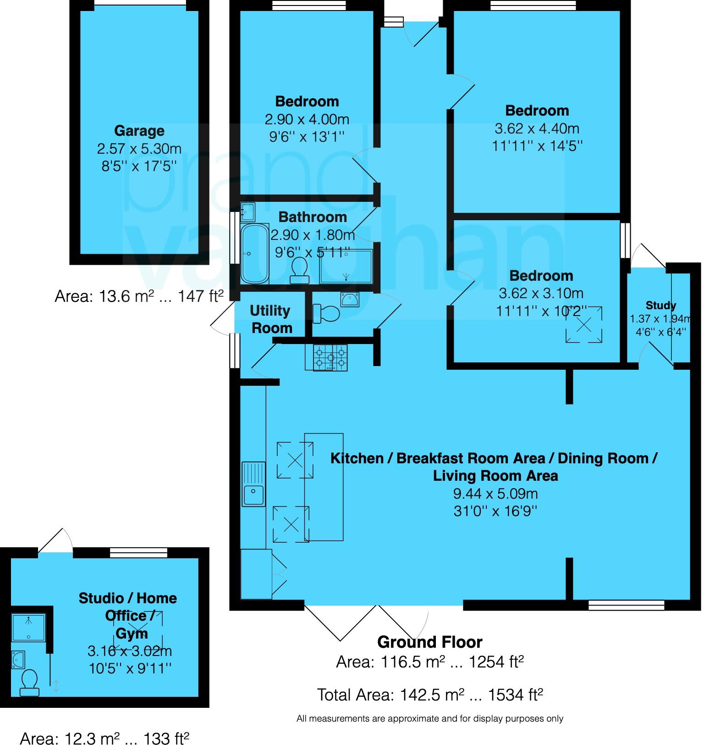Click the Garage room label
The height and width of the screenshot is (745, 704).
[139, 131]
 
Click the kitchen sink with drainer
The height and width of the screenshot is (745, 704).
[253, 484]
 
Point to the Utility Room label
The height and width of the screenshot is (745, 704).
[270, 319]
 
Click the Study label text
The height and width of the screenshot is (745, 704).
[660, 306]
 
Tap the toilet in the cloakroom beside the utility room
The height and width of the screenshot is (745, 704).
[326, 314]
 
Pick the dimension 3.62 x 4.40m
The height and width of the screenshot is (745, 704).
[537, 128]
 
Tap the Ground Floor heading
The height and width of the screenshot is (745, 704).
[429, 642]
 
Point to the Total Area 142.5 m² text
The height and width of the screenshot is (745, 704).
[429, 695]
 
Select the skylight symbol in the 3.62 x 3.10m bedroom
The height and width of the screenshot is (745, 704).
[583, 325]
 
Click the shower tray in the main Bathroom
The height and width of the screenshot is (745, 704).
[346, 267]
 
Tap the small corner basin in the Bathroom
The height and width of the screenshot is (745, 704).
[248, 211]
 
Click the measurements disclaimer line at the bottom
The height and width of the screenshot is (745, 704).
[429, 719]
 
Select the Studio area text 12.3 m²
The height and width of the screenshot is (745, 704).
[104, 738]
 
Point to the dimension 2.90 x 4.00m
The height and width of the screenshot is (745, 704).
[307, 119]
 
